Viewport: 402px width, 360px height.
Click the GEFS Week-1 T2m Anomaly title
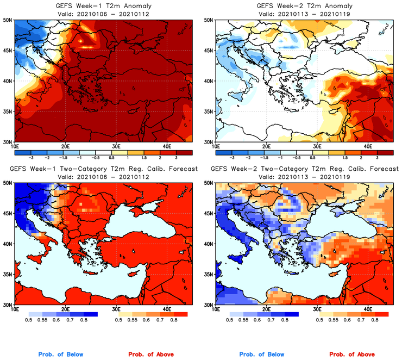point(102,6)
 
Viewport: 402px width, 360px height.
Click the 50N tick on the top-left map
point(8,20)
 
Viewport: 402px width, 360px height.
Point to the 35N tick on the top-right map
point(209,112)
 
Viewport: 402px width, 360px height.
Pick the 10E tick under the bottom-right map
point(216,309)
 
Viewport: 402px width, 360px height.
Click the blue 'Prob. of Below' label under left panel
point(60,355)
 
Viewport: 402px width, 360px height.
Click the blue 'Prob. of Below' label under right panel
point(261,355)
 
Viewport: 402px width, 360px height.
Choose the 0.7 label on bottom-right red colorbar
point(360,321)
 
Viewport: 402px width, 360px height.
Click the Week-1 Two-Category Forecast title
point(103,169)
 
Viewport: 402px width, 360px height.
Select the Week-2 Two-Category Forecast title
point(304,169)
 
